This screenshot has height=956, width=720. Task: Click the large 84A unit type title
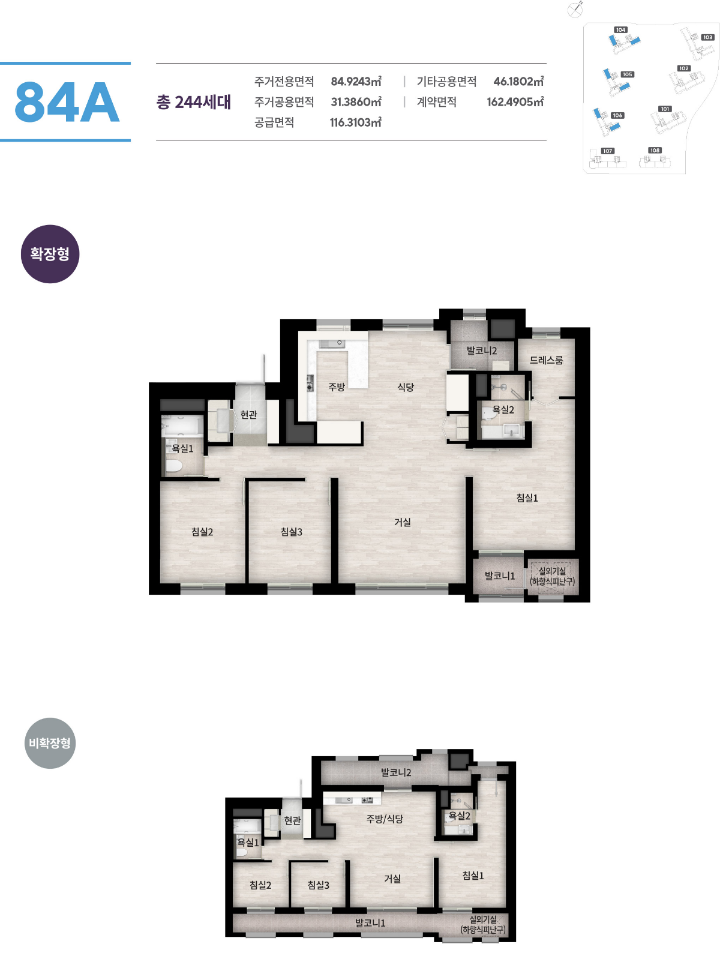pyautogui.click(x=67, y=102)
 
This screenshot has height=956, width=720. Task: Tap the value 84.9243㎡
pyautogui.click(x=356, y=82)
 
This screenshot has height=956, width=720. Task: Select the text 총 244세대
pyautogui.click(x=193, y=102)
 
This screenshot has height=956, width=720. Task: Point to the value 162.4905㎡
pyautogui.click(x=515, y=102)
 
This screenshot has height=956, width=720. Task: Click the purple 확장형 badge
pyautogui.click(x=50, y=253)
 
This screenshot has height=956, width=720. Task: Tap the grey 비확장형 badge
pyautogui.click(x=50, y=742)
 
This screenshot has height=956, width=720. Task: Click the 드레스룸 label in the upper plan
pyautogui.click(x=547, y=359)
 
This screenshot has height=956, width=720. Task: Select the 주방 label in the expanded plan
pyautogui.click(x=337, y=386)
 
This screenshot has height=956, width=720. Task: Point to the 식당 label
pyautogui.click(x=406, y=386)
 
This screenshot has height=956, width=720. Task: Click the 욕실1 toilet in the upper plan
pyautogui.click(x=173, y=466)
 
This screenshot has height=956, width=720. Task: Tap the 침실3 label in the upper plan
pyautogui.click(x=291, y=531)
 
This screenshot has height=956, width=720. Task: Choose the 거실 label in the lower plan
pyautogui.click(x=392, y=879)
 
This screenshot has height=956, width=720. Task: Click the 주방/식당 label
pyautogui.click(x=385, y=819)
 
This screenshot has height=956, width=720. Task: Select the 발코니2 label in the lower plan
pyautogui.click(x=396, y=772)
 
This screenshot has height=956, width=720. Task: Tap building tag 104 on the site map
pyautogui.click(x=621, y=29)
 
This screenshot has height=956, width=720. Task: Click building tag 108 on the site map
pyautogui.click(x=655, y=150)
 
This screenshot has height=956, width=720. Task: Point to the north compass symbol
pyautogui.click(x=575, y=10)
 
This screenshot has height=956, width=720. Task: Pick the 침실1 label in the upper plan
pyautogui.click(x=527, y=498)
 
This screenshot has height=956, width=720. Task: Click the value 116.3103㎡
pyautogui.click(x=356, y=122)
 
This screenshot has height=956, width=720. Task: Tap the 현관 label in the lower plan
pyautogui.click(x=293, y=820)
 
